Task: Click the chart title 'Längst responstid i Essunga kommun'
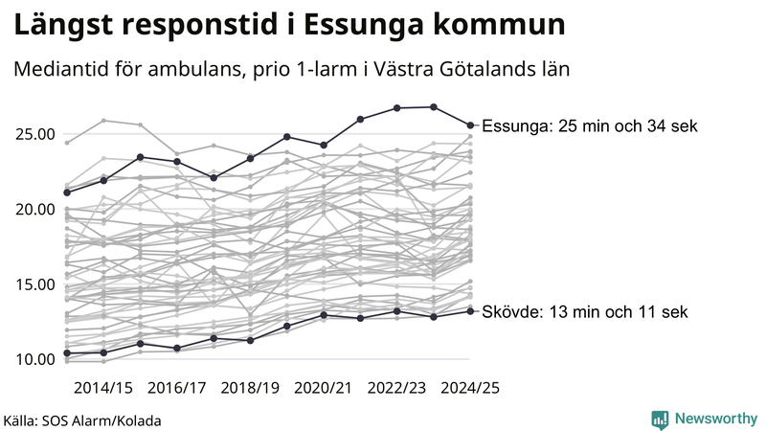[x=287, y=26]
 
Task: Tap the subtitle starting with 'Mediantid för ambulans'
[x=291, y=71]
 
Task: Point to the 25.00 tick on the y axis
[x=34, y=134]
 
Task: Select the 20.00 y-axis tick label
[x=34, y=209]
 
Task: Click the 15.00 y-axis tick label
[x=34, y=284]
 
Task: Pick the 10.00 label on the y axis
[x=34, y=359]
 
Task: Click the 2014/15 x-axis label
[x=103, y=388]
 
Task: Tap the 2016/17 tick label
[x=177, y=388]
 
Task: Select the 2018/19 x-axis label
[x=250, y=388]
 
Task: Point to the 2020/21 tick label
[x=324, y=388]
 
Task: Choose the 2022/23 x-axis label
[x=397, y=388]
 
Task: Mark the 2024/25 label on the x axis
[x=470, y=388]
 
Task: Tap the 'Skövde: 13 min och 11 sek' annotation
[x=584, y=312]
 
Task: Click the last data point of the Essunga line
[x=470, y=125]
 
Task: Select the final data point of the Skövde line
[x=470, y=310]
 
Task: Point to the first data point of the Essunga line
[x=67, y=193]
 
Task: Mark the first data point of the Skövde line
[x=67, y=353]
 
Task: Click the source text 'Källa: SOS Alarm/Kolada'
[x=82, y=420]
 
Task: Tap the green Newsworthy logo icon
[x=660, y=419]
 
